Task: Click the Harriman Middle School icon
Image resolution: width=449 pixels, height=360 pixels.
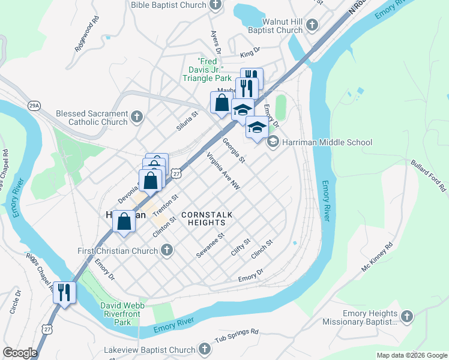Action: [273, 142]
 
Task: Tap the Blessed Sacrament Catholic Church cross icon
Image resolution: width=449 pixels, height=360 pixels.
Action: [137, 118]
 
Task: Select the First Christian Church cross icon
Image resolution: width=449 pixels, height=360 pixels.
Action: [167, 250]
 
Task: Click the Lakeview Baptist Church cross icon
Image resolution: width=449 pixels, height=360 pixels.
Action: [204, 350]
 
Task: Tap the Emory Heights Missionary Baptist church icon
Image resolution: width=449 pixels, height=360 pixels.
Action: [407, 317]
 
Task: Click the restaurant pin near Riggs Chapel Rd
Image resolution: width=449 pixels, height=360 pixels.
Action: [64, 293]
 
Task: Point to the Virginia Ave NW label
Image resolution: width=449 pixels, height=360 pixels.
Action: [223, 172]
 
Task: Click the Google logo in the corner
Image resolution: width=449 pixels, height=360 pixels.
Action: [20, 352]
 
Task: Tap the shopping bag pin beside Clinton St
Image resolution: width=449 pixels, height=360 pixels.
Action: [124, 221]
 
